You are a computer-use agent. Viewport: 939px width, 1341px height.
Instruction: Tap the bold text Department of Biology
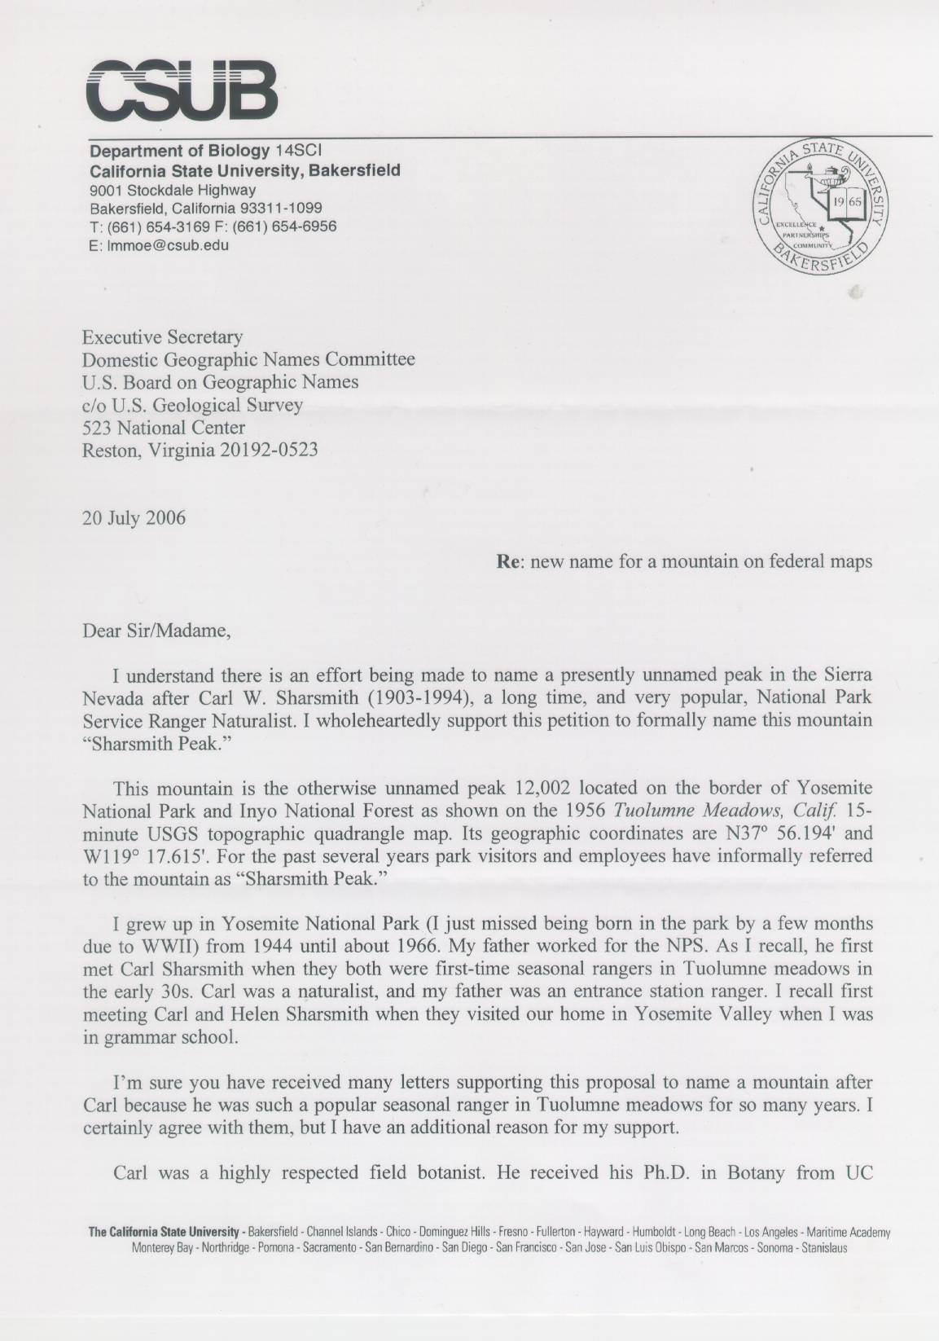pos(179,152)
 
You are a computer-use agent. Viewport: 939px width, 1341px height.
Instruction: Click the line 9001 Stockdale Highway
pos(173,190)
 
